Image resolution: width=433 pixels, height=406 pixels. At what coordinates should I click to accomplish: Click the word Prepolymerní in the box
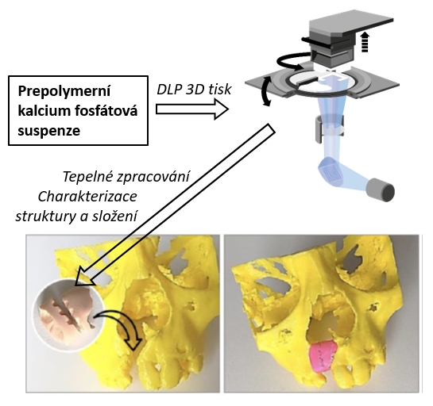(x=64, y=91)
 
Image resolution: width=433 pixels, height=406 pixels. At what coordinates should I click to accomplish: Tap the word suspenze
(x=49, y=131)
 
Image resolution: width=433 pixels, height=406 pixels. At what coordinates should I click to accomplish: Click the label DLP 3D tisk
(x=194, y=90)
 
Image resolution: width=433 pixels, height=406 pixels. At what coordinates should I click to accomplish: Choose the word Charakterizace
(x=87, y=197)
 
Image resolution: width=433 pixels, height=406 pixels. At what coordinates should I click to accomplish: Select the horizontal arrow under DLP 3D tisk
(x=192, y=109)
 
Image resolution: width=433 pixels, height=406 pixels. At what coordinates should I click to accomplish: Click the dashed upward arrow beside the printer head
(x=365, y=41)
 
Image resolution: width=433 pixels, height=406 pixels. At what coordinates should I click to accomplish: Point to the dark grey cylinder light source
(x=381, y=190)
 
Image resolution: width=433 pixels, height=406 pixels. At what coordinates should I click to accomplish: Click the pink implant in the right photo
(x=323, y=357)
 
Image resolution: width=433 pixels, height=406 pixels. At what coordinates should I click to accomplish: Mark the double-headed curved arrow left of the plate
(x=266, y=91)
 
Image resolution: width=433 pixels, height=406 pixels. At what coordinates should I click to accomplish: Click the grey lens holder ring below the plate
(x=330, y=128)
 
